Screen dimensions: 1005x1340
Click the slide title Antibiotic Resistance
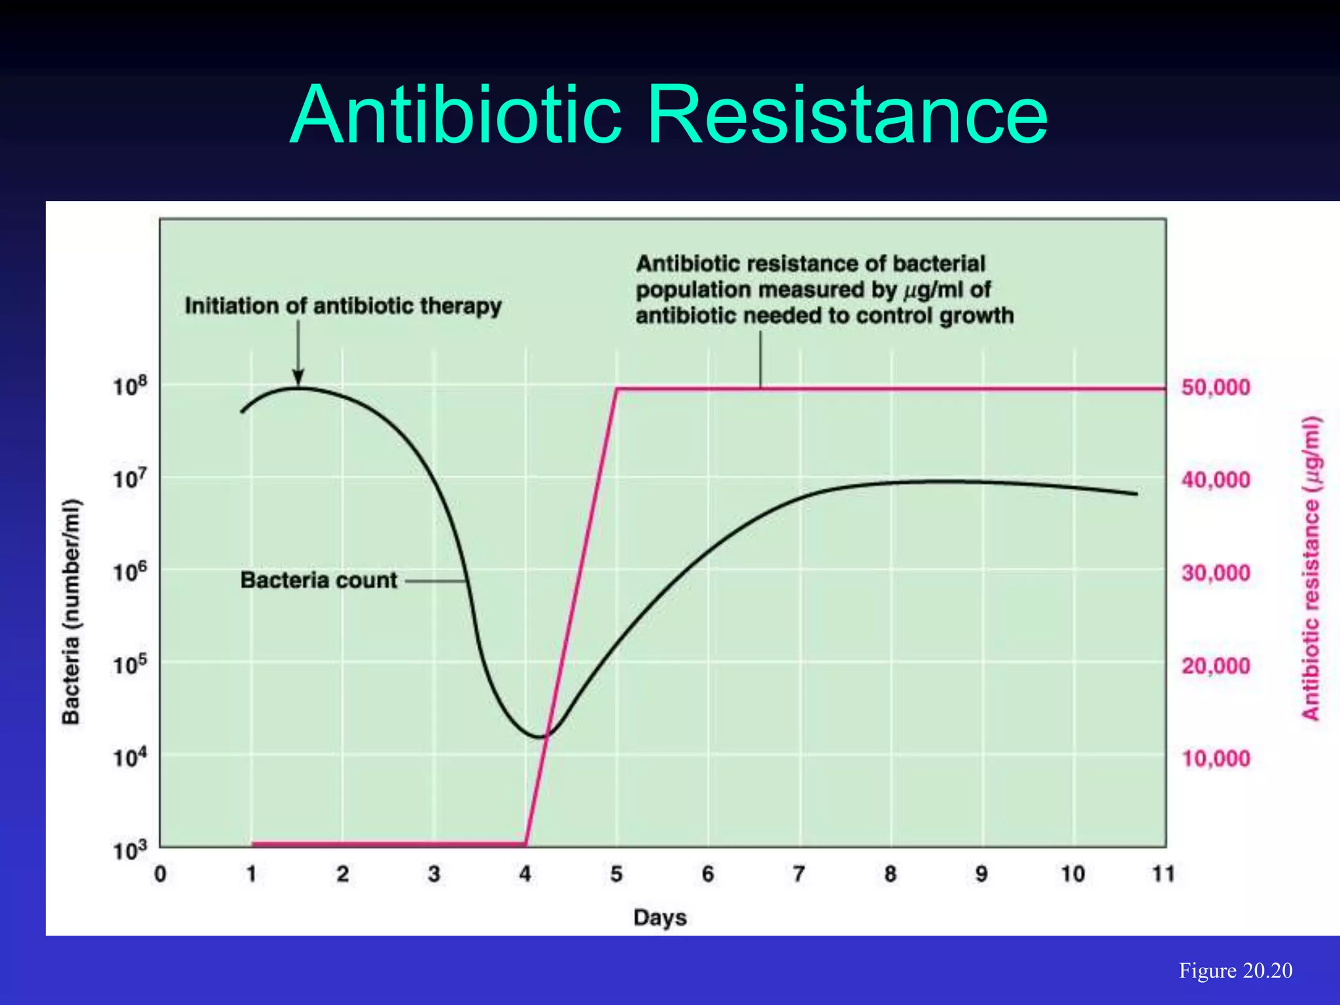pos(669,115)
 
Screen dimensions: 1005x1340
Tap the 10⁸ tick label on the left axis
pos(130,386)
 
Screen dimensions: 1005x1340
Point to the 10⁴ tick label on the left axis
pos(130,758)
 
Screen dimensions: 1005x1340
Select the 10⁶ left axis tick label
pos(130,572)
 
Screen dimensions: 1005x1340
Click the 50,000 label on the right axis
pos(1216,387)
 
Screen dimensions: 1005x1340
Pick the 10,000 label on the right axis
pos(1216,759)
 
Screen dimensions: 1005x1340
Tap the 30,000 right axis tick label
pos(1216,573)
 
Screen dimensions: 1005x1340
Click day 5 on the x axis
pos(616,874)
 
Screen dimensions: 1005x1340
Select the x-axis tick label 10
pos(1072,874)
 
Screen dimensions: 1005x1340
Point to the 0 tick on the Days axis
pos(160,874)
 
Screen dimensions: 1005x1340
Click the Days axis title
pos(660,917)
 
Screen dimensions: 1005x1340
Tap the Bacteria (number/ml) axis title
pos(71,611)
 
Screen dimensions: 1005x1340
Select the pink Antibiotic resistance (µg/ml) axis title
pos(1311,568)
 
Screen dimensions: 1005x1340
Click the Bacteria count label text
pos(319,580)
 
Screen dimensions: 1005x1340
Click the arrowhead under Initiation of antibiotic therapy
pos(298,378)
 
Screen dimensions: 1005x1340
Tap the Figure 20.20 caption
pos(1235,970)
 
